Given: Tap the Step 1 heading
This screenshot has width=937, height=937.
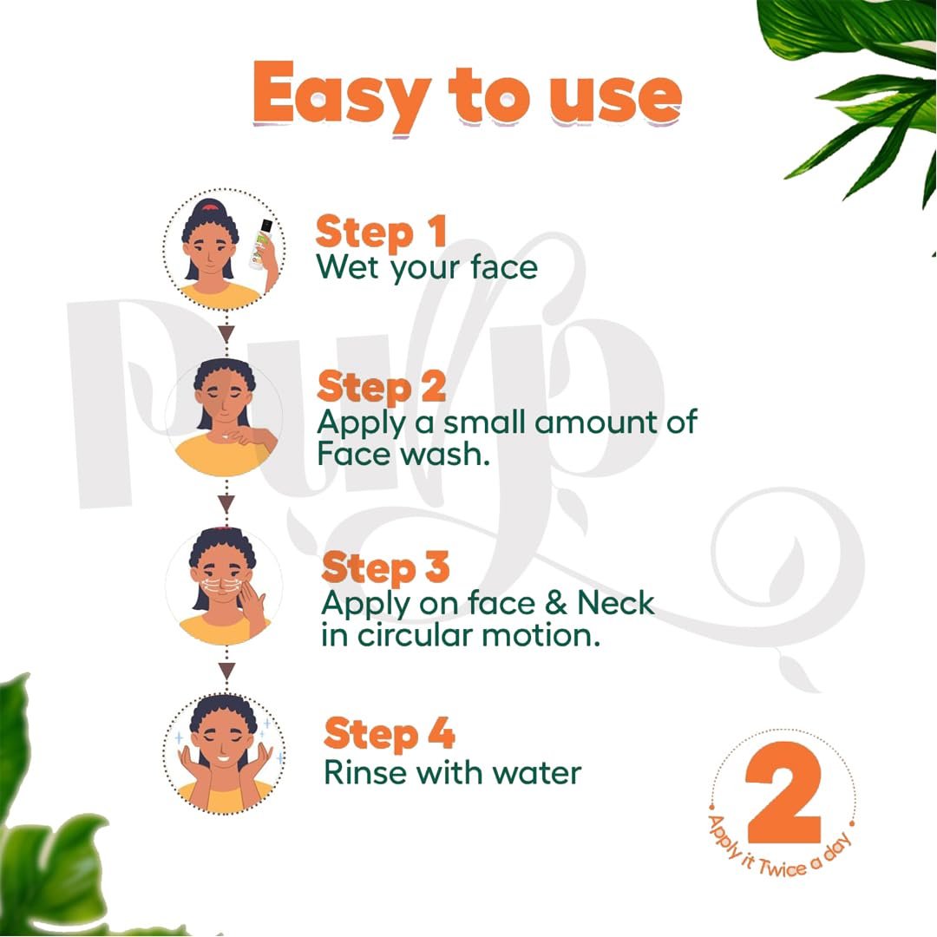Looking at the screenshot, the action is [381, 232].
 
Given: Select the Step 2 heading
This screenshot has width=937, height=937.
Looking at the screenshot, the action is [382, 387].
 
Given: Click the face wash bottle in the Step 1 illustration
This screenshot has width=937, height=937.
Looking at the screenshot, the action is [261, 244].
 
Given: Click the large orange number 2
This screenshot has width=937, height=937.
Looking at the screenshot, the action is [783, 791].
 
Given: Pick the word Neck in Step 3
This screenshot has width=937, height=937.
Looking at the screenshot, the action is [615, 603].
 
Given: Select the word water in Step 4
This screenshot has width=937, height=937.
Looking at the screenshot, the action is [536, 773].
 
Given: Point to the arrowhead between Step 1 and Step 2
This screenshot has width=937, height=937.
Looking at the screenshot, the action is [226, 333].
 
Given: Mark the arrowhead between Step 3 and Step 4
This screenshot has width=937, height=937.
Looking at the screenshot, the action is [226, 671].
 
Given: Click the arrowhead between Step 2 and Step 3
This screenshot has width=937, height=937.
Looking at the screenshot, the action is [226, 504].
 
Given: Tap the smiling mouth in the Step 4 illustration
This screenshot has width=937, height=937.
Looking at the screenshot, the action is [224, 758].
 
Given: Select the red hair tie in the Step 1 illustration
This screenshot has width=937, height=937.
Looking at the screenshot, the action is [209, 206].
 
